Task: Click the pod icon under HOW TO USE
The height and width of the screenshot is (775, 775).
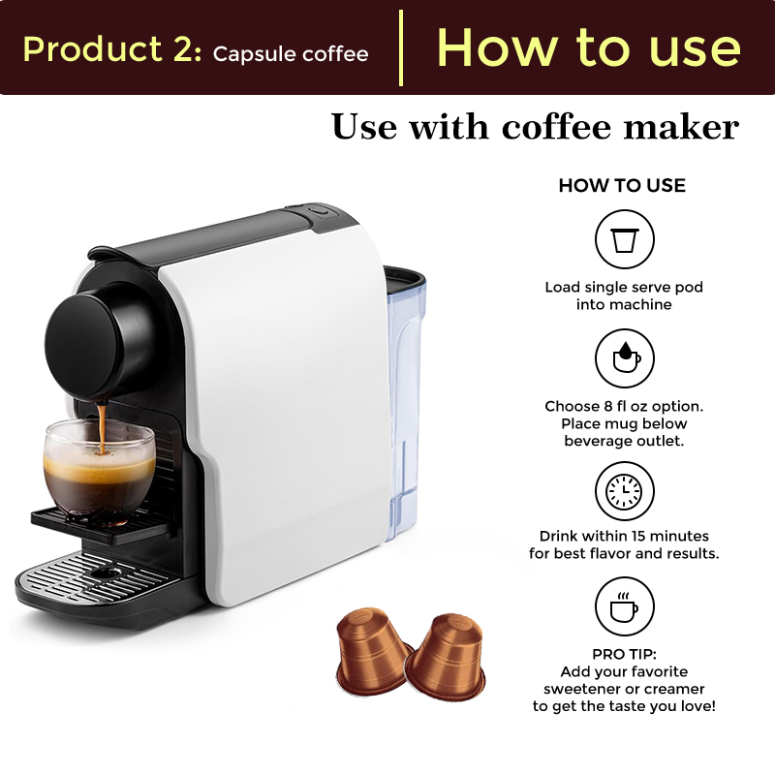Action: [x=625, y=239]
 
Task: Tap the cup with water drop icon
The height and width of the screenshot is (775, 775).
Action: [x=625, y=358]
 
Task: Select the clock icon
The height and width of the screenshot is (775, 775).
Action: [x=625, y=491]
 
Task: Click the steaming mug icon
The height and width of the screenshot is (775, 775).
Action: [x=625, y=607]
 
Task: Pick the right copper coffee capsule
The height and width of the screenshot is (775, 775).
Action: [x=444, y=653]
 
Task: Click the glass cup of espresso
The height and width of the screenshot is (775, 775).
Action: [x=99, y=465]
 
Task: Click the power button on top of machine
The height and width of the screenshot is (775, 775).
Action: [x=319, y=210]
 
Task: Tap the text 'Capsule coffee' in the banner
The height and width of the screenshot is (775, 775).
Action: [x=291, y=53]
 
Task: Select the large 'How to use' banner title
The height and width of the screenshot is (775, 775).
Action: [x=588, y=47]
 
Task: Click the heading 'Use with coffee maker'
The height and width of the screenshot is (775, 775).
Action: [x=535, y=127]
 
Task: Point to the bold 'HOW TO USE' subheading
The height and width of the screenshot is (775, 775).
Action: [x=622, y=185]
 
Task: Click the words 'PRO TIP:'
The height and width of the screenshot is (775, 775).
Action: [x=624, y=654]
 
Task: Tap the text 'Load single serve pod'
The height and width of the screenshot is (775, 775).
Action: [x=624, y=288]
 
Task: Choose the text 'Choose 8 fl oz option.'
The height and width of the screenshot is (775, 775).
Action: [x=624, y=406]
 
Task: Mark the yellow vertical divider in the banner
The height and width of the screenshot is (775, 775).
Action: [x=401, y=47]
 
